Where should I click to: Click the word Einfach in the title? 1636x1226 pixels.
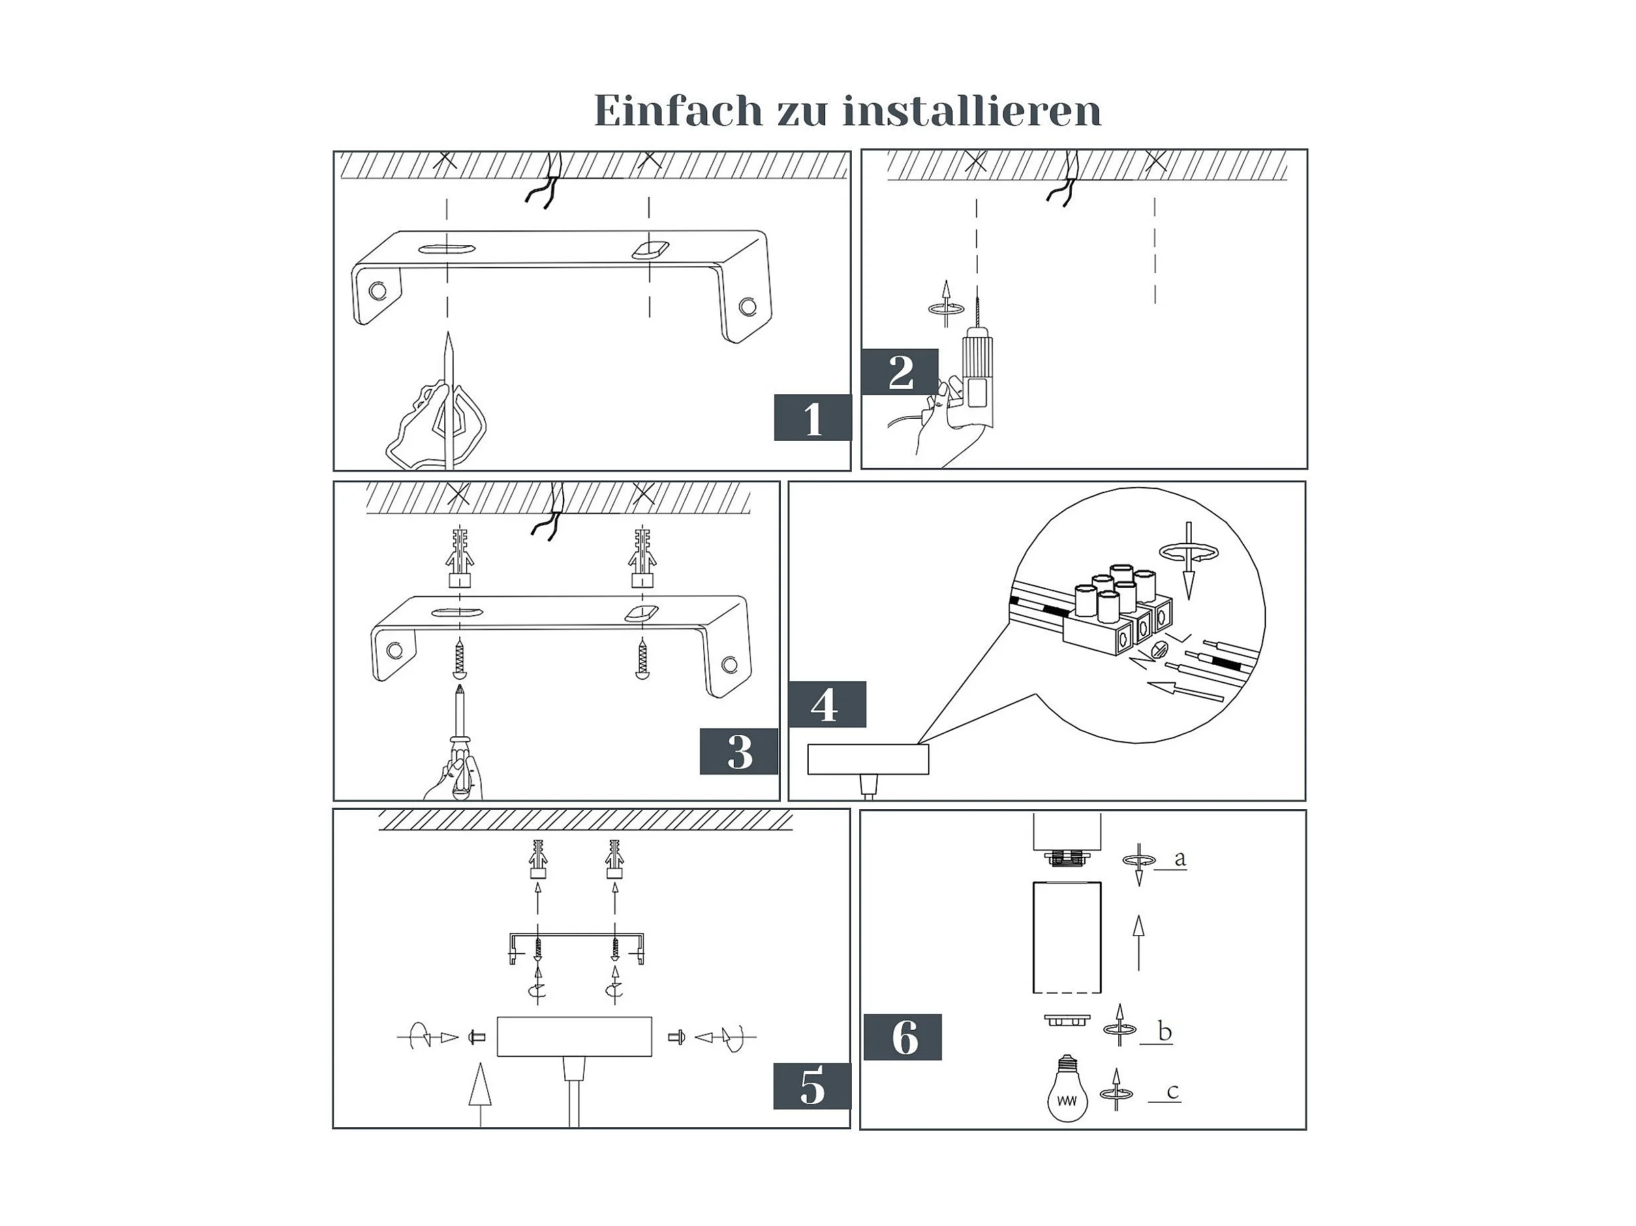(678, 112)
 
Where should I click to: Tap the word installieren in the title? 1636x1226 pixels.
(972, 112)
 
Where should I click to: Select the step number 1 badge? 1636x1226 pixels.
(812, 418)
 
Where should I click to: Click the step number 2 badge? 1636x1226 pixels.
(900, 372)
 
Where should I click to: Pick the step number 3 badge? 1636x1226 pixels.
(739, 751)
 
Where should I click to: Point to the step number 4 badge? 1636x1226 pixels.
(826, 704)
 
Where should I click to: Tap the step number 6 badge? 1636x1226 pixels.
(902, 1037)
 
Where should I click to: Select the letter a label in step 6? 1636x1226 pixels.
(1179, 858)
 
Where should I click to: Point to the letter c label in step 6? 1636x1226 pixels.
(1172, 1091)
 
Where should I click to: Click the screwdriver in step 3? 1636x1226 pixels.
(461, 740)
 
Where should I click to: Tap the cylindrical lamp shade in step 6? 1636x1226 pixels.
(1066, 937)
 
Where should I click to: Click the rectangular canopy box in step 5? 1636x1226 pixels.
(574, 1036)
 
